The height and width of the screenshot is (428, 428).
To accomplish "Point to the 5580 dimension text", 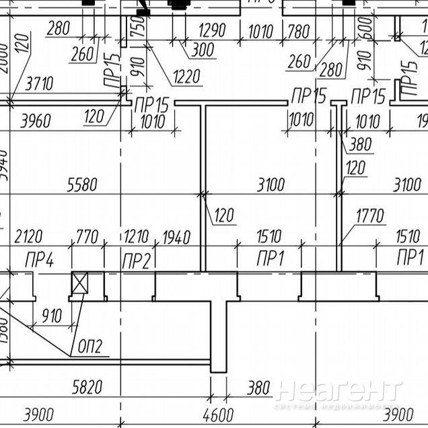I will click(82, 185).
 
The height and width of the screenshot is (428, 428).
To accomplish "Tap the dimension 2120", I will click(28, 237).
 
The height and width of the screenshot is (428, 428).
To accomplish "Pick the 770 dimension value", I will click(87, 237).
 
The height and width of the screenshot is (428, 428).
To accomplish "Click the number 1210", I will click(137, 237).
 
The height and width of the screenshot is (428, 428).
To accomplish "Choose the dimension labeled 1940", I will click(176, 237).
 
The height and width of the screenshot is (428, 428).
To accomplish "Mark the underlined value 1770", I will click(370, 216).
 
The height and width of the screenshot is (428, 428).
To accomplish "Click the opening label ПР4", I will click(39, 259).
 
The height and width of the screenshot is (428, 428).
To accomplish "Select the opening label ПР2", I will click(137, 260).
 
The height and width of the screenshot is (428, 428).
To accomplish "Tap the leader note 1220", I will click(185, 77).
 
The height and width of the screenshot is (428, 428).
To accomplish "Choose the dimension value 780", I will click(299, 31).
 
